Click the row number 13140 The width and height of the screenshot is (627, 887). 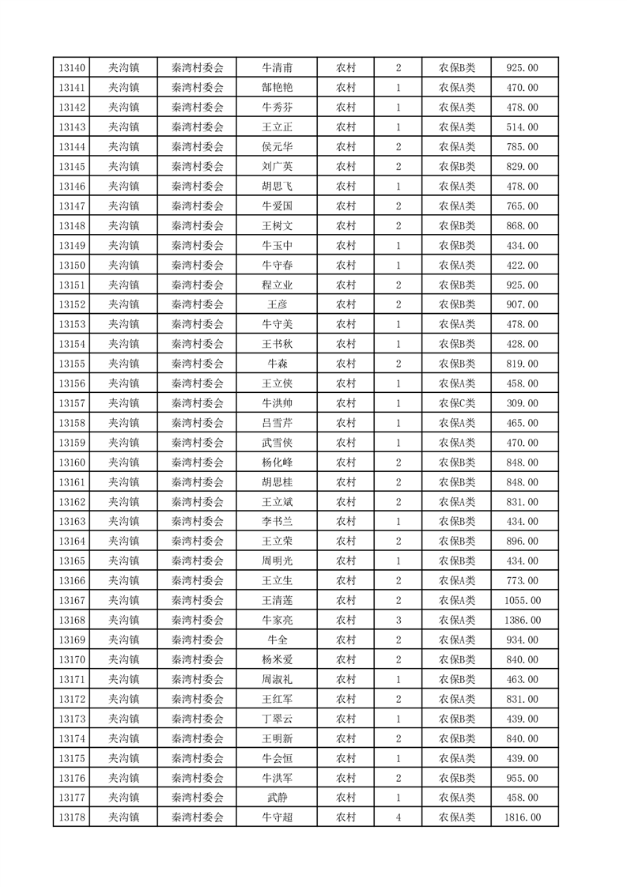click(72, 68)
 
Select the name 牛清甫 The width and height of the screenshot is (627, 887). click(277, 68)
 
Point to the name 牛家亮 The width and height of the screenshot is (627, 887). click(277, 621)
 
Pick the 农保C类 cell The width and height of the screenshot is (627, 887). click(456, 403)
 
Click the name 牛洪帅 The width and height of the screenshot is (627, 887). click(277, 403)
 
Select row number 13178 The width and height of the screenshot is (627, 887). click(72, 817)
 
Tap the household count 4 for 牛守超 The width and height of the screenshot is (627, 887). click(398, 817)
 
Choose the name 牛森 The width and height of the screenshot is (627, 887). click(277, 364)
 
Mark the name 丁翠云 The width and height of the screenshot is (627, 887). click(277, 719)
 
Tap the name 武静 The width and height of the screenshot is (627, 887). click(277, 798)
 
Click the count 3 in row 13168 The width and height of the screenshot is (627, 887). click(398, 621)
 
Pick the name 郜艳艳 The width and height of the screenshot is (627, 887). click(277, 88)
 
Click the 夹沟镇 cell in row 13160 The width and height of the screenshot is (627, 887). click(123, 462)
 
